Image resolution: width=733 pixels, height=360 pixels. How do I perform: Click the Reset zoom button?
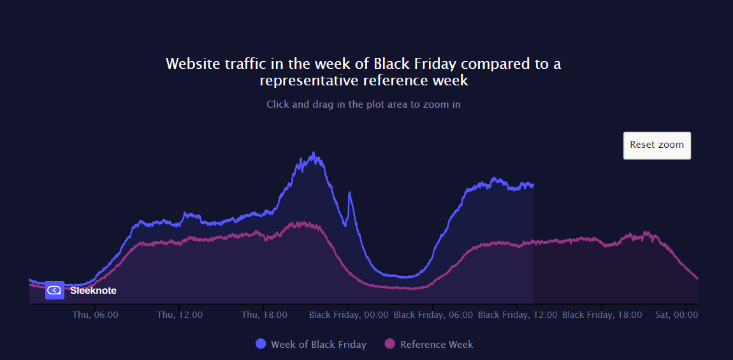[x=657, y=145]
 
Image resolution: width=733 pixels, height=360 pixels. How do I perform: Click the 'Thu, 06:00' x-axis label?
[x=95, y=315]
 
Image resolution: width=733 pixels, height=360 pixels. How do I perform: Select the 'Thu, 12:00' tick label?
[x=180, y=315]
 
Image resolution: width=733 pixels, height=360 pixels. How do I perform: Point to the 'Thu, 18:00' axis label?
[x=264, y=315]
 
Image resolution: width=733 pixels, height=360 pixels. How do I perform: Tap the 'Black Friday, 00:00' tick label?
[x=349, y=315]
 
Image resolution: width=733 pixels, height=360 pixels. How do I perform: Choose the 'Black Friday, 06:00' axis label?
[x=433, y=315]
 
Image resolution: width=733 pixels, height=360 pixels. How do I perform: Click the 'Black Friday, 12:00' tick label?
[x=518, y=315]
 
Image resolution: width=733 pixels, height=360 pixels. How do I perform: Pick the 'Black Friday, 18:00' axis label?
[x=602, y=315]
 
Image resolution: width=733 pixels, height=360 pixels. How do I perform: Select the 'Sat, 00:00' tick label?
[x=677, y=315]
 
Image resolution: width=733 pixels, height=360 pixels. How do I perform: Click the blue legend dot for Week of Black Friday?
[x=261, y=344]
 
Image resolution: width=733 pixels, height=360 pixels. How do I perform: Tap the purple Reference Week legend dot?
[x=390, y=344]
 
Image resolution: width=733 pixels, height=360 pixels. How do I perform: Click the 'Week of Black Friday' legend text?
[x=319, y=345]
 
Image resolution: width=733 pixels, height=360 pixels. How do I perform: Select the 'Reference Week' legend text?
[x=437, y=345]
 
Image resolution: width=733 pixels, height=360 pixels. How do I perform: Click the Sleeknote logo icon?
[x=55, y=290]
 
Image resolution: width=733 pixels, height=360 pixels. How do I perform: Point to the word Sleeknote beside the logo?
[x=93, y=291]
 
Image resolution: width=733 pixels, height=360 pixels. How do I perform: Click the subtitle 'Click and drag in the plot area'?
[x=363, y=104]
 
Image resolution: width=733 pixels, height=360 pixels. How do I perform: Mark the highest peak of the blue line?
[x=313, y=153]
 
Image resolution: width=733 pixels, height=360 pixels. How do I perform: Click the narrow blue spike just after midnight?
[x=349, y=193]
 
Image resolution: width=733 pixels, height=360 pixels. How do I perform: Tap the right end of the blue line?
[x=533, y=185]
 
